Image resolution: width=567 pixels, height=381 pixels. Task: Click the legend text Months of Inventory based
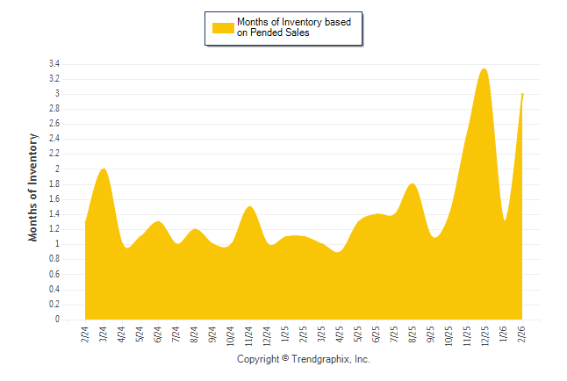293,21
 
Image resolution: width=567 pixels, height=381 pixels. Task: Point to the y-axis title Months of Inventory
33,187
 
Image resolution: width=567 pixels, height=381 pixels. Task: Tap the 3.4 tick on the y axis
54,64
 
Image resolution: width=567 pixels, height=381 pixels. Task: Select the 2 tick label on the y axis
57,169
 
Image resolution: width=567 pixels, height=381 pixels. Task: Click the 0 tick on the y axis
57,320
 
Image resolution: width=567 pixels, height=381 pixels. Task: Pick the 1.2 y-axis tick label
54,230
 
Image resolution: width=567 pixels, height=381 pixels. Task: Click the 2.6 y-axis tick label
54,124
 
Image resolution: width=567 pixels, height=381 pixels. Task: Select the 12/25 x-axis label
484,336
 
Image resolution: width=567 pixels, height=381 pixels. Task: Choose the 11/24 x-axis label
249,336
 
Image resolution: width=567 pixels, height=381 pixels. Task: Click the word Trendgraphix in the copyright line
321,360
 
